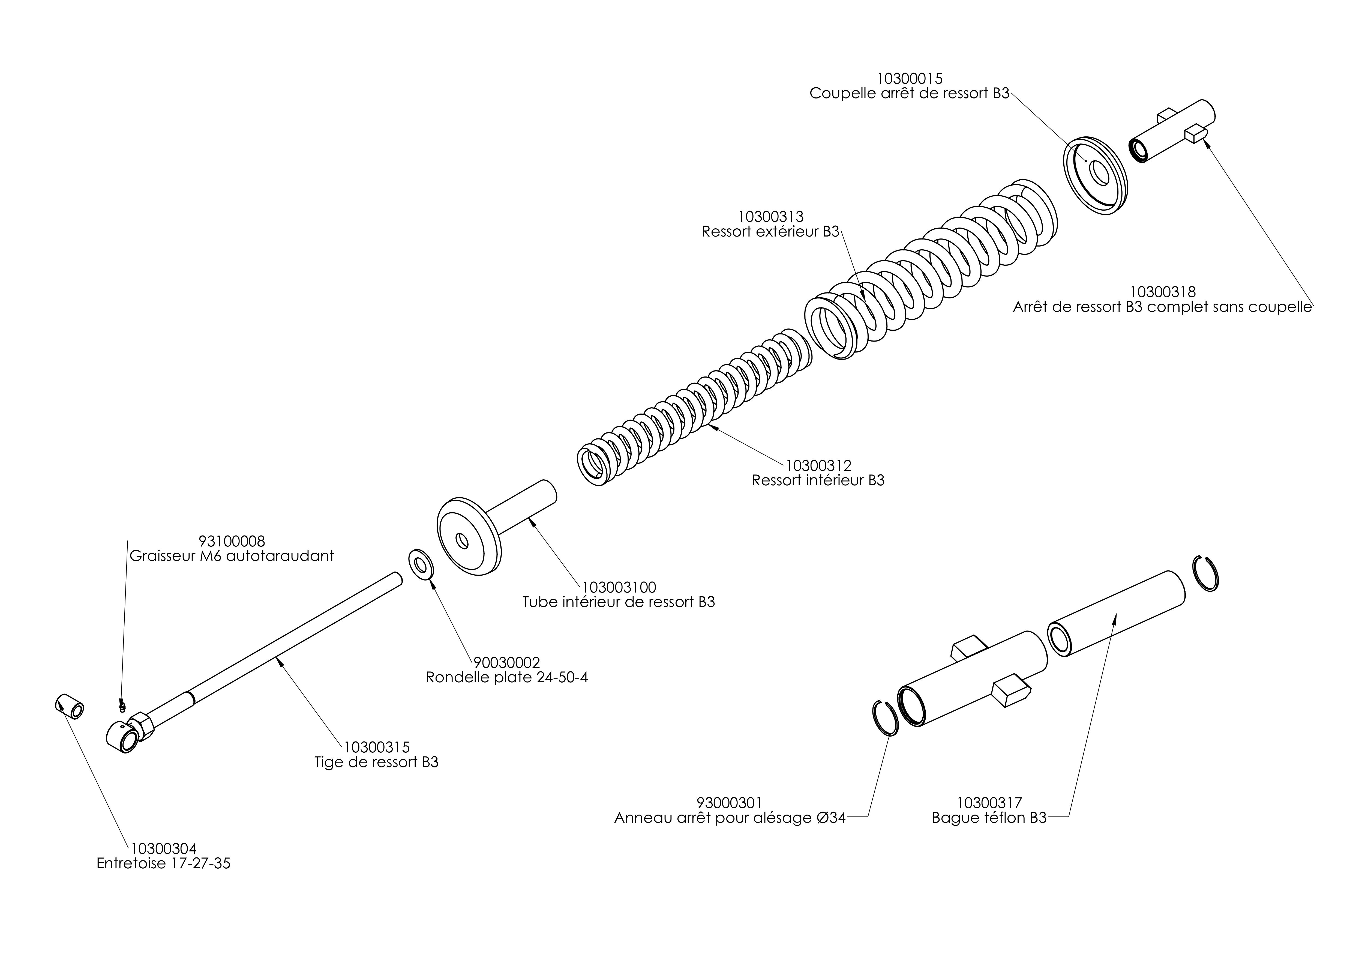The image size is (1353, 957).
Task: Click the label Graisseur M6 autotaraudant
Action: (x=232, y=556)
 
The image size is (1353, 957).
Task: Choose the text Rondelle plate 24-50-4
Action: (x=507, y=677)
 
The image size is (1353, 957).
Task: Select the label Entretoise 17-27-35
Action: (x=163, y=863)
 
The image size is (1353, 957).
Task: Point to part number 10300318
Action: (x=1162, y=292)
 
